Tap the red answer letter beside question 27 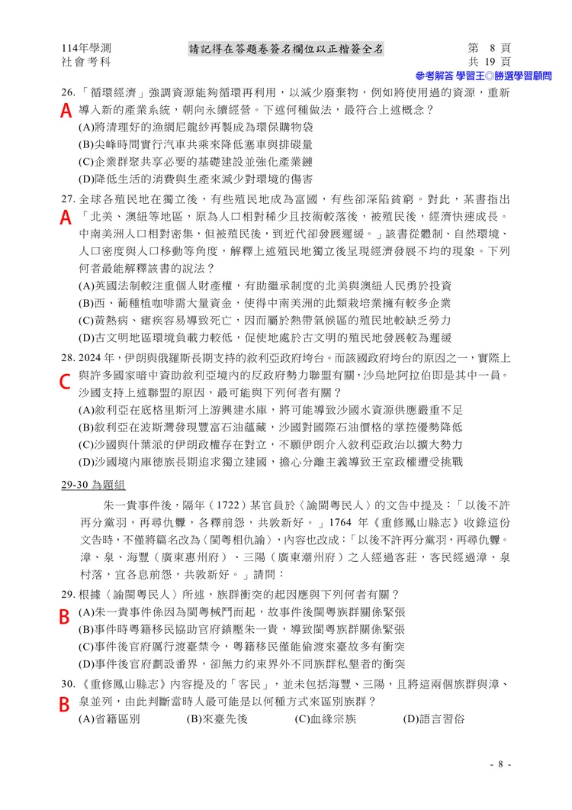click(66, 218)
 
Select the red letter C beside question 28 click(66, 380)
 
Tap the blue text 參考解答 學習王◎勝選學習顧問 click(483, 76)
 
